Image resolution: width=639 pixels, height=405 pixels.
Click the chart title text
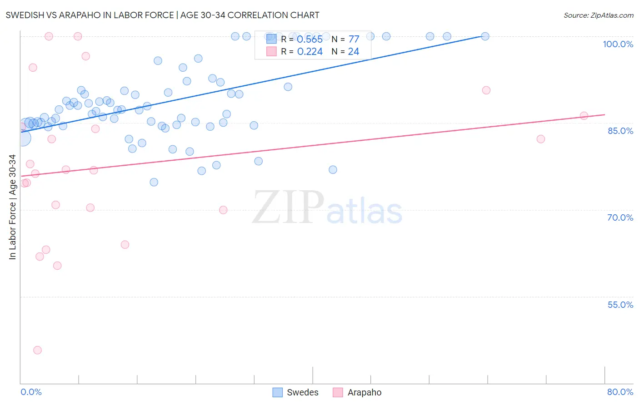click(162, 15)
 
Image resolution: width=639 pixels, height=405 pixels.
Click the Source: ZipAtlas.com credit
click(598, 15)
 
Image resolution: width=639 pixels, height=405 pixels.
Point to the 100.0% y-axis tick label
click(618, 44)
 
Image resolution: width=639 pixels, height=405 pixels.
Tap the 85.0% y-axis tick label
click(620, 131)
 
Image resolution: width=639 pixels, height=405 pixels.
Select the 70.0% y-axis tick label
click(620, 217)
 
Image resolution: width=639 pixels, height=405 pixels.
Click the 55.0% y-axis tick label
click(620, 305)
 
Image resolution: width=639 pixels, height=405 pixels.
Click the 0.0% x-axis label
click(31, 392)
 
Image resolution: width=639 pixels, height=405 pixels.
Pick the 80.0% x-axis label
click(620, 392)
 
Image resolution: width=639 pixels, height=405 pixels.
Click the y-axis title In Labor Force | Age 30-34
click(12, 207)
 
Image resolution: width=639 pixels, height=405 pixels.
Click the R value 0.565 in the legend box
click(310, 40)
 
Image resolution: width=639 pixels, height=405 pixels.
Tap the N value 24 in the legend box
click(354, 52)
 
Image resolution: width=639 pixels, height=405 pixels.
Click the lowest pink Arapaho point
click(37, 350)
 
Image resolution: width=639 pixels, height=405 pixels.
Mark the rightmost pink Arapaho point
click(584, 116)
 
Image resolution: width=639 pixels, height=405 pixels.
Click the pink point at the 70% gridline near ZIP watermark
click(223, 210)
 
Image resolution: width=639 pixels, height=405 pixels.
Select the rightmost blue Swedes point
click(485, 36)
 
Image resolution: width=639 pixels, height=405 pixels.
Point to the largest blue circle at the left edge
click(23, 138)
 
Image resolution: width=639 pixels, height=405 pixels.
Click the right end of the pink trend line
click(604, 115)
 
